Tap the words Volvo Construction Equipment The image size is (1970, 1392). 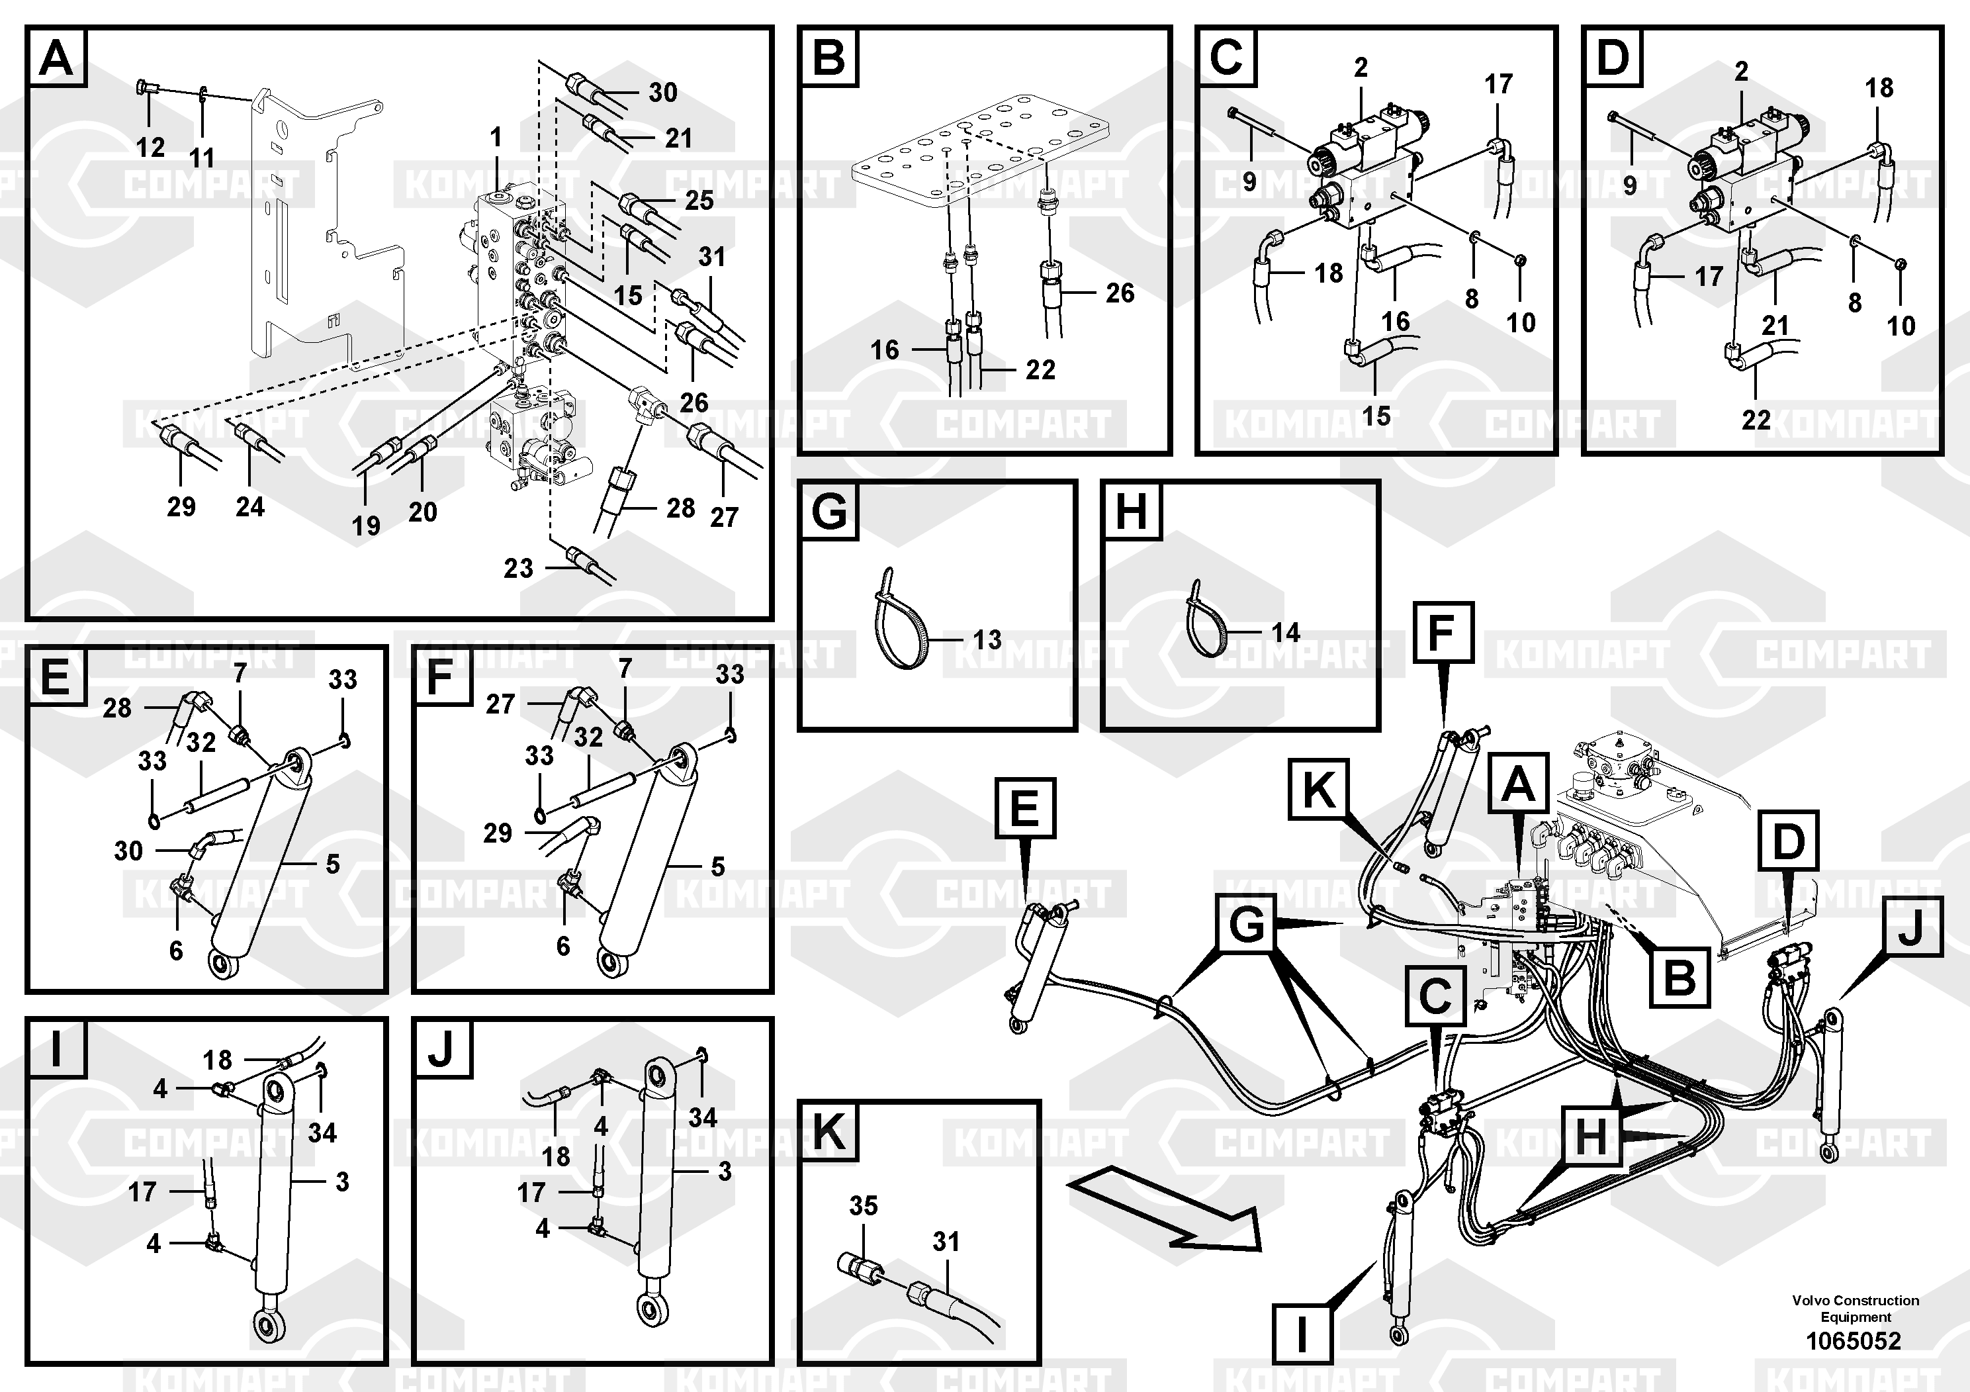(1855, 1308)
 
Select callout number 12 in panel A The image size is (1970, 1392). (150, 147)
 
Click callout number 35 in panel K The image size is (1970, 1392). (863, 1206)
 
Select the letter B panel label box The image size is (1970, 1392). (829, 58)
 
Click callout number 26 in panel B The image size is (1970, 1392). (1120, 293)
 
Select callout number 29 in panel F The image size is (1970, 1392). (498, 833)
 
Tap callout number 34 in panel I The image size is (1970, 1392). (323, 1132)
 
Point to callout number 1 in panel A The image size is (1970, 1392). (496, 136)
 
